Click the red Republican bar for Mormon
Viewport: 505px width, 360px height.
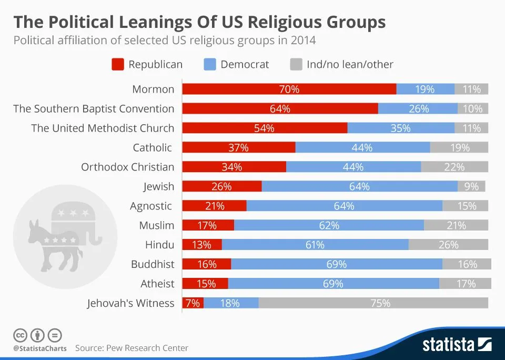click(x=289, y=89)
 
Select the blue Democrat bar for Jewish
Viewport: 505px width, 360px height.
click(x=359, y=186)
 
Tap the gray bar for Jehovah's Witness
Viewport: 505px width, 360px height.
click(x=373, y=303)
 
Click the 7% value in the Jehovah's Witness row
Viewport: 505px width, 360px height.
click(x=193, y=303)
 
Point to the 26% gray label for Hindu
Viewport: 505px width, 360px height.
click(x=448, y=245)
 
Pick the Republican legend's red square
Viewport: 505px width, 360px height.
click(x=118, y=65)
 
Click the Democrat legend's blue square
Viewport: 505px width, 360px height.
click(x=209, y=65)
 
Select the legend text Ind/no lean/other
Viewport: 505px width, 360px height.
click(x=350, y=65)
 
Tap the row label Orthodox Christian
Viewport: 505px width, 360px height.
click(x=127, y=167)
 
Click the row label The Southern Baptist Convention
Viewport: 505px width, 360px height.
click(x=94, y=108)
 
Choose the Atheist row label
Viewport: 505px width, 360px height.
click(x=157, y=284)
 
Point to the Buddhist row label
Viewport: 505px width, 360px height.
click(x=153, y=264)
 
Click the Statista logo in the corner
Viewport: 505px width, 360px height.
click(x=457, y=345)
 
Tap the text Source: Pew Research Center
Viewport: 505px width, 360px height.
click(x=132, y=348)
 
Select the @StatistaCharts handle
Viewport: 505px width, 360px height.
click(x=40, y=348)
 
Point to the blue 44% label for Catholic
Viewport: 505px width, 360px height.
click(x=362, y=148)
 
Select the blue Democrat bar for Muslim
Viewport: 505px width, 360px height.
click(x=329, y=225)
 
